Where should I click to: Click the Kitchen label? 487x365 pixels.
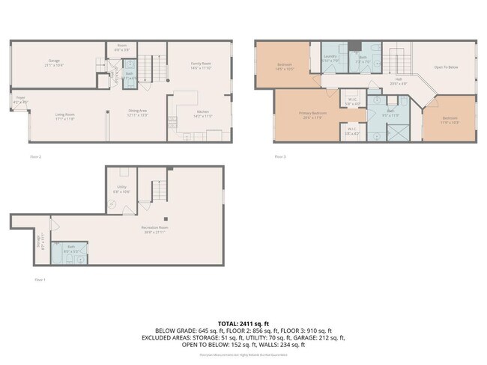tap(183, 115)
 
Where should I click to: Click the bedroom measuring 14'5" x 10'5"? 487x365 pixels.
tap(285, 66)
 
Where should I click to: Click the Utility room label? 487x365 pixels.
tap(121, 190)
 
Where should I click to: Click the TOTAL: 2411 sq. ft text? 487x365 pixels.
tap(243, 322)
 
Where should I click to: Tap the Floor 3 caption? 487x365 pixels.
tap(279, 156)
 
